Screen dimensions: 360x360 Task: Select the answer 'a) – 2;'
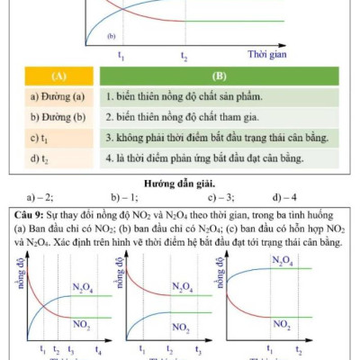coord(40,196)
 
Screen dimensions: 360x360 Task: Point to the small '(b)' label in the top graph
coord(112,37)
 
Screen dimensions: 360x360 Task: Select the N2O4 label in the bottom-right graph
coord(282,261)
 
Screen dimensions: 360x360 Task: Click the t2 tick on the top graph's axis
coord(184,57)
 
